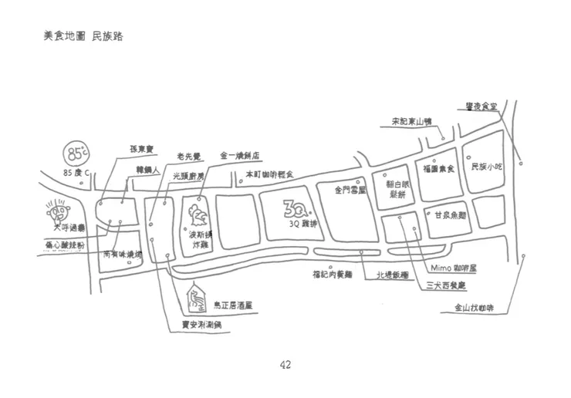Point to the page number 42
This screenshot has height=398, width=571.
click(x=285, y=365)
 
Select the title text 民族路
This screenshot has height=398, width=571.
click(x=107, y=36)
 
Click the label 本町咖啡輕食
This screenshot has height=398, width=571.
click(x=269, y=175)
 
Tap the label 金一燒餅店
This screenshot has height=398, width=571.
click(x=239, y=153)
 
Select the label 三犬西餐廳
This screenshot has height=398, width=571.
click(x=446, y=285)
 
